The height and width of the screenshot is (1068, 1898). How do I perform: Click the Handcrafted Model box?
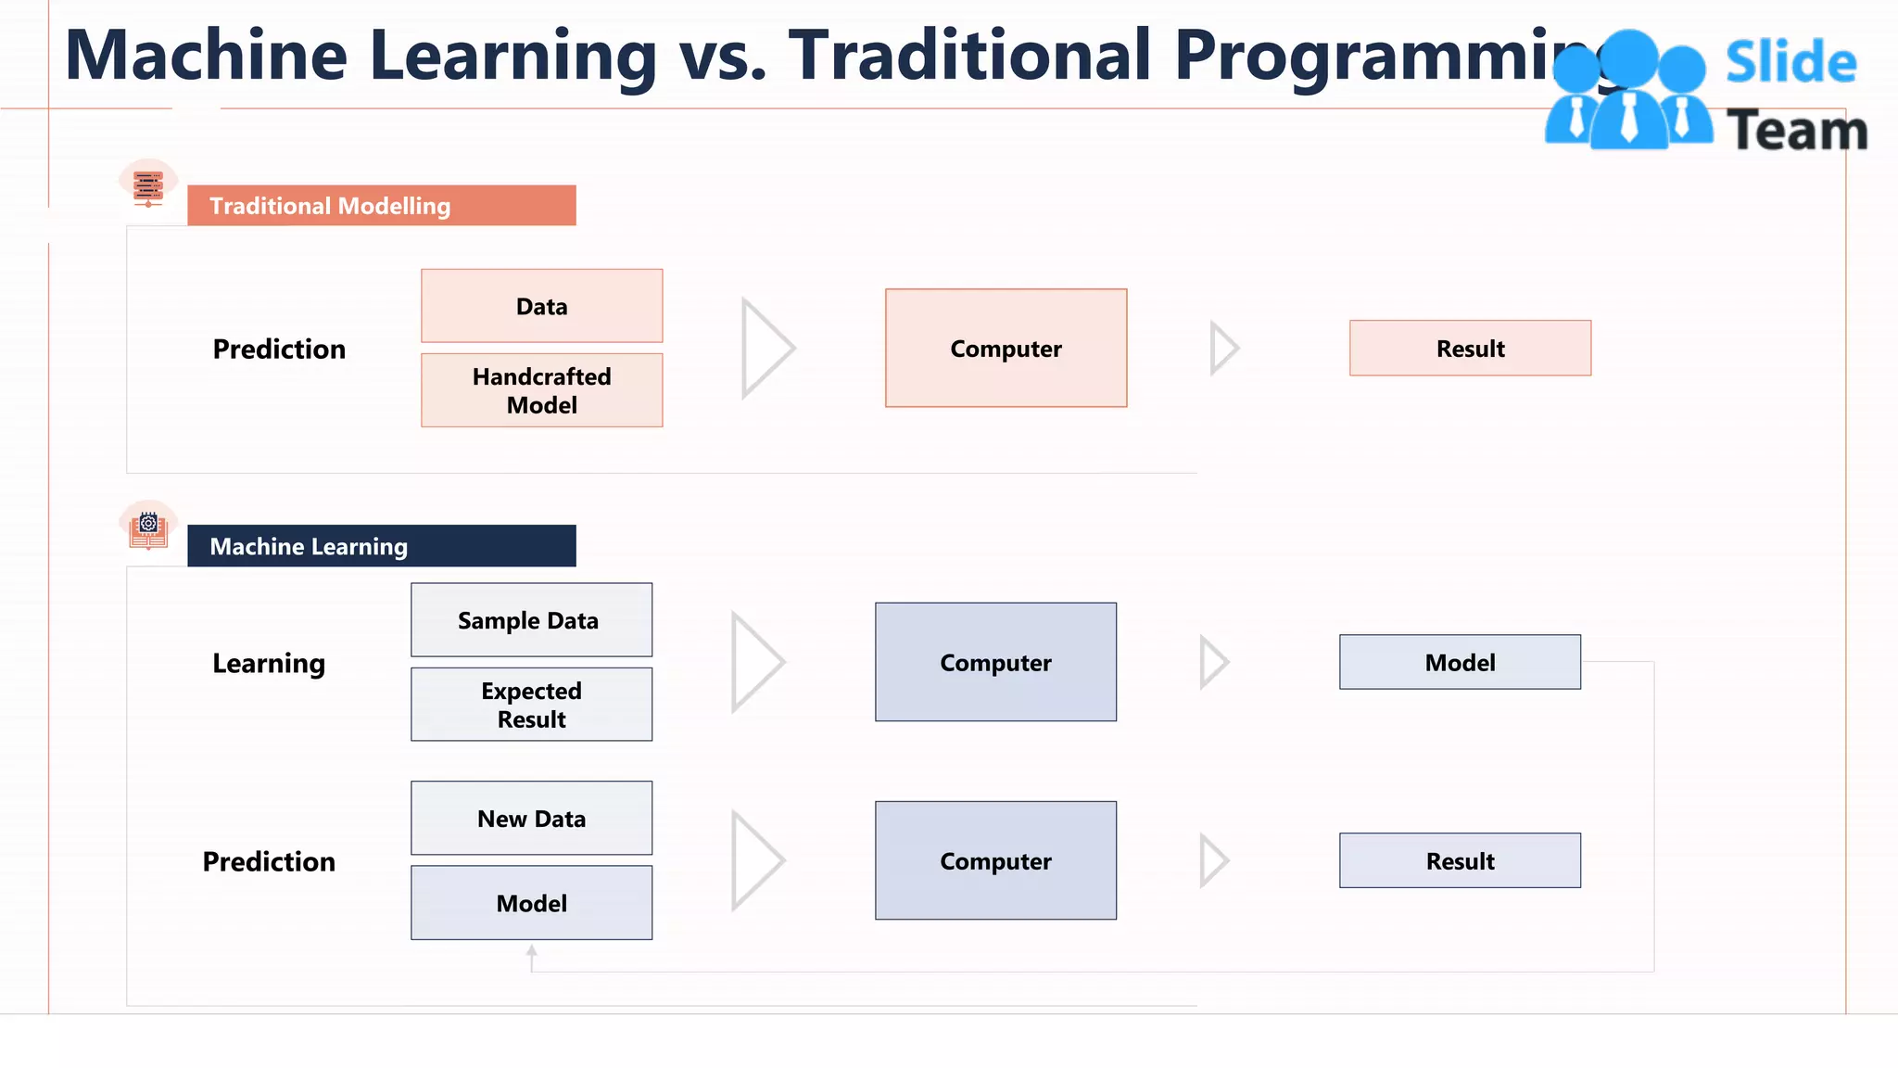pos(541,390)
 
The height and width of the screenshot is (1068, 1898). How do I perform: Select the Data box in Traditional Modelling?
pos(541,306)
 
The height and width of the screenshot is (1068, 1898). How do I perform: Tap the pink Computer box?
pos(1006,348)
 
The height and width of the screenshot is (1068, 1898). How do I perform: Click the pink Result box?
pos(1470,348)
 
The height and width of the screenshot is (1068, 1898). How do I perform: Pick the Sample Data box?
pos(531,619)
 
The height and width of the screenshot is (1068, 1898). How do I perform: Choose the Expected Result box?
pos(531,705)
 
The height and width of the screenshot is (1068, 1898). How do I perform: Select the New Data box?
pos(531,818)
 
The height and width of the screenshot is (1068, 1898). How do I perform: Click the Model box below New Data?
pos(531,903)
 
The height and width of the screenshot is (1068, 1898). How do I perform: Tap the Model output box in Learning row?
pos(1460,662)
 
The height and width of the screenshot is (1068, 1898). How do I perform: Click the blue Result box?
pos(1460,860)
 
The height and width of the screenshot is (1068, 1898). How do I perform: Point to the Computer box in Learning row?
pos(995,662)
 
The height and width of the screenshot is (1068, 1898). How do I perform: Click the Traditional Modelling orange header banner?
pos(381,205)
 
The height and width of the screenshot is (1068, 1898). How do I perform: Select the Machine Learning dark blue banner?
pos(381,546)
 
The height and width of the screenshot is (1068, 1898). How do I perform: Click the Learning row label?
pos(269,663)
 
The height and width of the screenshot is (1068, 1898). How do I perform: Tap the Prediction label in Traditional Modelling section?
pos(279,349)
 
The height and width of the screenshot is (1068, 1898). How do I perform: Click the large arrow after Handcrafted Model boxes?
pos(766,349)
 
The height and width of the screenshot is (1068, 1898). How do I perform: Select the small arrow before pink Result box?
pos(1223,349)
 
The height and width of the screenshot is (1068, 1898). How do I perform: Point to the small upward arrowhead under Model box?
pos(531,951)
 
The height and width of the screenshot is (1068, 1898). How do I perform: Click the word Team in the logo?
pos(1796,130)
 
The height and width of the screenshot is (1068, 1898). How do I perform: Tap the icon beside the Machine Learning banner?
pos(148,526)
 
